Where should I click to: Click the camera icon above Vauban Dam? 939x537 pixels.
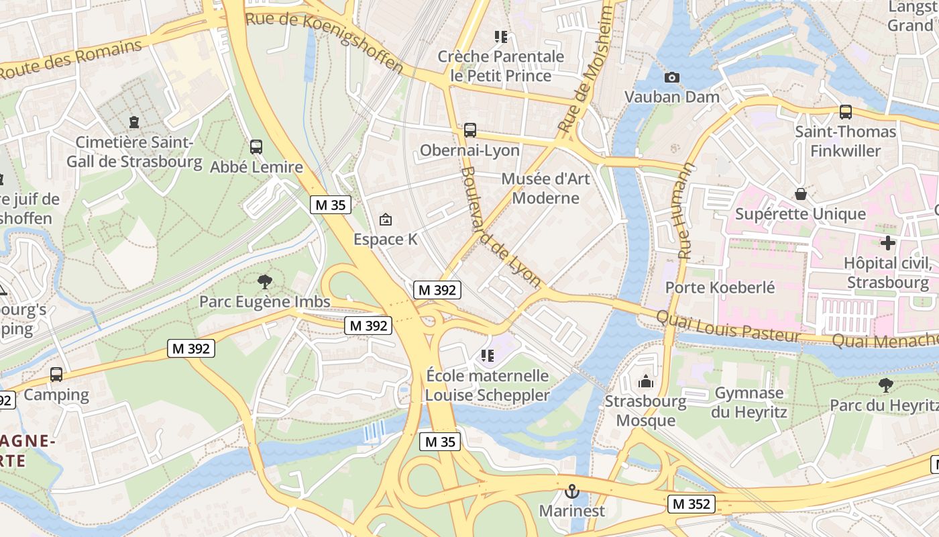[x=671, y=77]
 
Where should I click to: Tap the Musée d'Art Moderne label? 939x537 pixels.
[x=545, y=188]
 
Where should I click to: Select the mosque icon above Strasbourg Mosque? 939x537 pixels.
[x=646, y=382]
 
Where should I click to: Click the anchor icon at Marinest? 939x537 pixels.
[x=571, y=491]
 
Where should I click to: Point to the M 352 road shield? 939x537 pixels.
[x=691, y=504]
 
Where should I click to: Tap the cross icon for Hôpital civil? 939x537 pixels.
[x=888, y=243]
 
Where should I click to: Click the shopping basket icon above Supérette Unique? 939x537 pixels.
[x=800, y=195]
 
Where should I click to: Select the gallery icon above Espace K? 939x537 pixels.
[x=386, y=219]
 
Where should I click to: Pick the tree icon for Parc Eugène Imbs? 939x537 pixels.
[x=265, y=281]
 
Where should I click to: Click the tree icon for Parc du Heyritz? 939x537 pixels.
[x=885, y=385]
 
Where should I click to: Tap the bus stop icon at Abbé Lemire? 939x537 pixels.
[x=256, y=147]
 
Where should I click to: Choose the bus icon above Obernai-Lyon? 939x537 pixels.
[x=469, y=130]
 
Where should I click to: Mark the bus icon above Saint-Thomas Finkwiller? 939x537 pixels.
[x=845, y=112]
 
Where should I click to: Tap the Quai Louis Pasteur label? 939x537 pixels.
[x=728, y=326]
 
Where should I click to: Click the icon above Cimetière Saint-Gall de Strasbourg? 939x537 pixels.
[x=134, y=122]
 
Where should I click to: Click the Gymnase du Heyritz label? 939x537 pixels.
[x=749, y=402]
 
